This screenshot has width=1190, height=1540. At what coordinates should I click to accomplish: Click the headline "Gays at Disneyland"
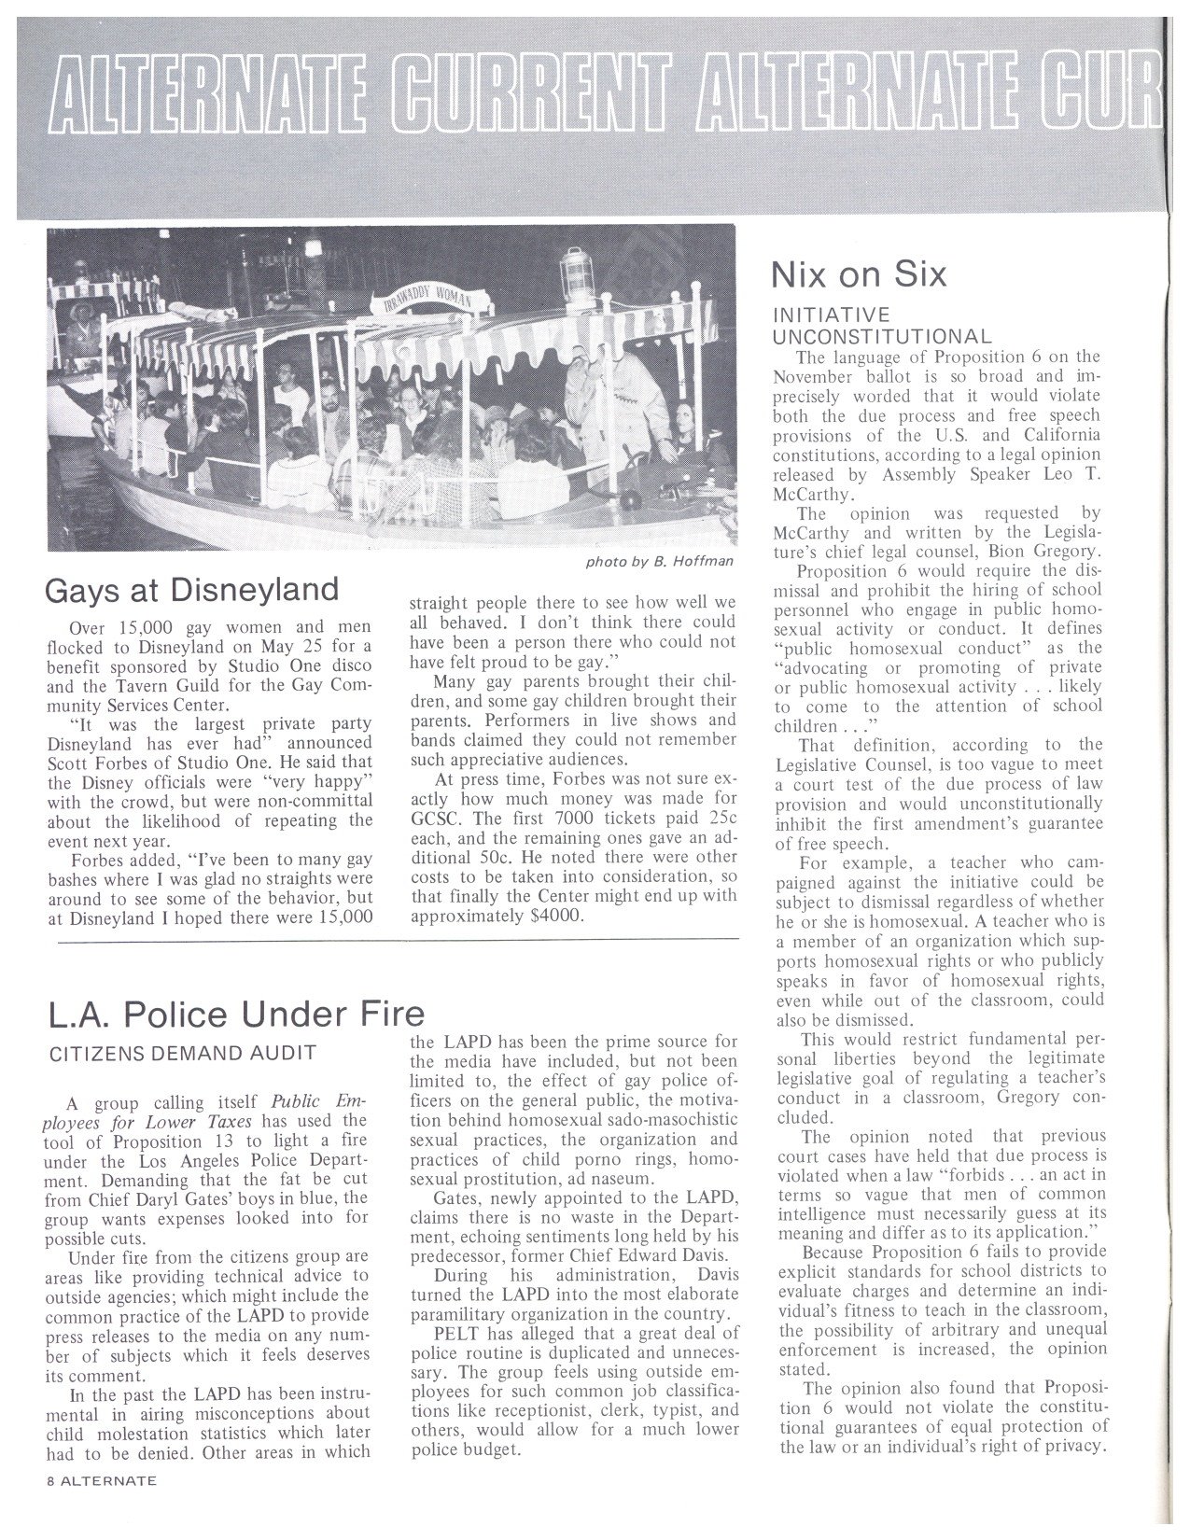[x=192, y=590]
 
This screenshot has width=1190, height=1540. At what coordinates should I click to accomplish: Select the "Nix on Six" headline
[x=859, y=273]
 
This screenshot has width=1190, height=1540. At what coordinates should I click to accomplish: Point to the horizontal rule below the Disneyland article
[x=401, y=943]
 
